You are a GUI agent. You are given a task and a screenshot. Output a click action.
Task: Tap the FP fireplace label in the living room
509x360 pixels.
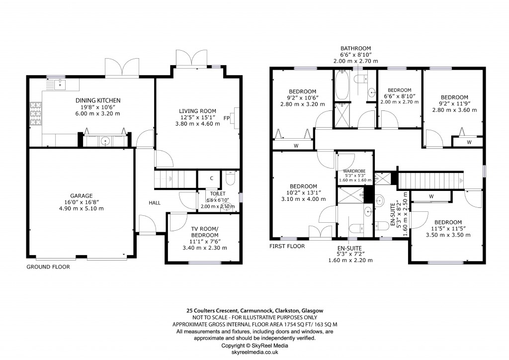click(x=227, y=118)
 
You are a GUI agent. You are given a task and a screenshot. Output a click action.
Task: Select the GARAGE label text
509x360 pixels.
click(x=81, y=195)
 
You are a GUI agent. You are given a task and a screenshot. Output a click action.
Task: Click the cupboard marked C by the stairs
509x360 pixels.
click(x=211, y=178)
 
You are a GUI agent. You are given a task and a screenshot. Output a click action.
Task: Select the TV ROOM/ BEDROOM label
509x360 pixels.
click(x=205, y=232)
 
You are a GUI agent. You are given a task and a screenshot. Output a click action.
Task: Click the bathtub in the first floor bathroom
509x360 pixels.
click(x=342, y=86)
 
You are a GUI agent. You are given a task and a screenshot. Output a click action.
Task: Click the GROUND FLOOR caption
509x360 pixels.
click(x=48, y=267)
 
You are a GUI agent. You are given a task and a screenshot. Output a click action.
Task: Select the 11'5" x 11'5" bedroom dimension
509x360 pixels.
click(x=448, y=229)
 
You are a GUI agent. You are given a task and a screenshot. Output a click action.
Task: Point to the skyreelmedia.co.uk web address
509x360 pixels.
click(x=254, y=352)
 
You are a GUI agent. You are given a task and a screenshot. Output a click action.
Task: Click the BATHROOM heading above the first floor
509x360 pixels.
click(x=355, y=48)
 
